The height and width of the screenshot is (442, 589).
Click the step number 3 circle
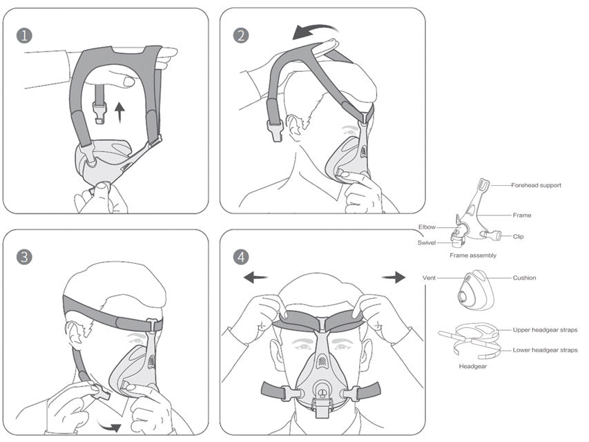coord(24,257)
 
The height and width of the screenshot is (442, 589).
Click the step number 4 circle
coord(241,257)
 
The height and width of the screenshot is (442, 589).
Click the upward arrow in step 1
coord(122,110)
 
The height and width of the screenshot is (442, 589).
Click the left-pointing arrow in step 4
coord(255,277)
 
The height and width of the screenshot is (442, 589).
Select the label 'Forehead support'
coord(536,185)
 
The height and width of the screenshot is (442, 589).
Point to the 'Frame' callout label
coord(522,215)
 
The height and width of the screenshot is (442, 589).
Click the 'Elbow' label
coord(427,227)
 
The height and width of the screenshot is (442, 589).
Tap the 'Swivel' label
coord(426,242)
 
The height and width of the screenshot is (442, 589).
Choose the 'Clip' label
coord(518,237)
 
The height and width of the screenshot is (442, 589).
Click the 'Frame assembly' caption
coord(473,256)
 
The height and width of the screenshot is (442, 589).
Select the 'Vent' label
coord(429,278)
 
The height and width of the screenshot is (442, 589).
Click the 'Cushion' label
coord(524,278)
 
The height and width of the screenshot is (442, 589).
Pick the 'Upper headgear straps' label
coord(545,330)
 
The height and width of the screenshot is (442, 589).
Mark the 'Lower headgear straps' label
coord(545,350)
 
